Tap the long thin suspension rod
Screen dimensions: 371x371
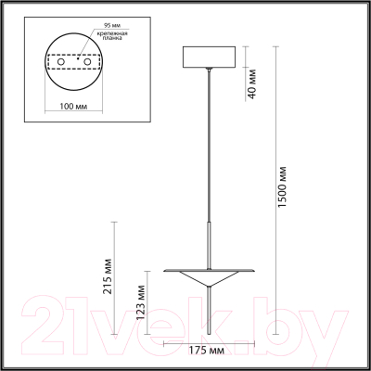(x=210, y=158)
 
